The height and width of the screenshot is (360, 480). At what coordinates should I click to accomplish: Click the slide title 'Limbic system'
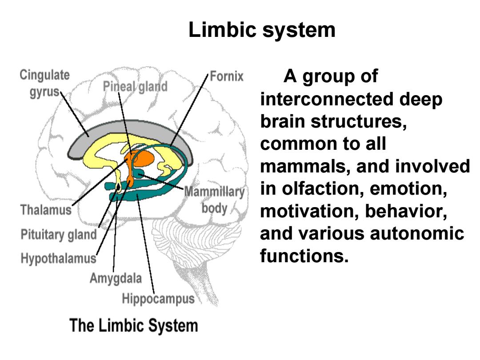(x=262, y=30)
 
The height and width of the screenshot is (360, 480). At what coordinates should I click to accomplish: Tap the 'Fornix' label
(x=227, y=76)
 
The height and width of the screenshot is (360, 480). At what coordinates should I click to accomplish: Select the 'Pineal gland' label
(x=135, y=87)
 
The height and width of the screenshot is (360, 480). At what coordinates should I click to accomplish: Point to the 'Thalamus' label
(x=46, y=210)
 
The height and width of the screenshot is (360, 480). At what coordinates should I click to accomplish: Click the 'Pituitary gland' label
(x=59, y=235)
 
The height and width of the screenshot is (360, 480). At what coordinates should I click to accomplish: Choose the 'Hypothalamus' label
(x=59, y=259)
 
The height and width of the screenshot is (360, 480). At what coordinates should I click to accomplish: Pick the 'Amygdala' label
(x=116, y=279)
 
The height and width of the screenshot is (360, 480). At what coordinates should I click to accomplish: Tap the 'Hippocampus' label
(x=158, y=299)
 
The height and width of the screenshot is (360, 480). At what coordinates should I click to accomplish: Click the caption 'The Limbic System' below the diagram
(x=134, y=325)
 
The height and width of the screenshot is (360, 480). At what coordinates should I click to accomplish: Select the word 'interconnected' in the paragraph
(x=327, y=99)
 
